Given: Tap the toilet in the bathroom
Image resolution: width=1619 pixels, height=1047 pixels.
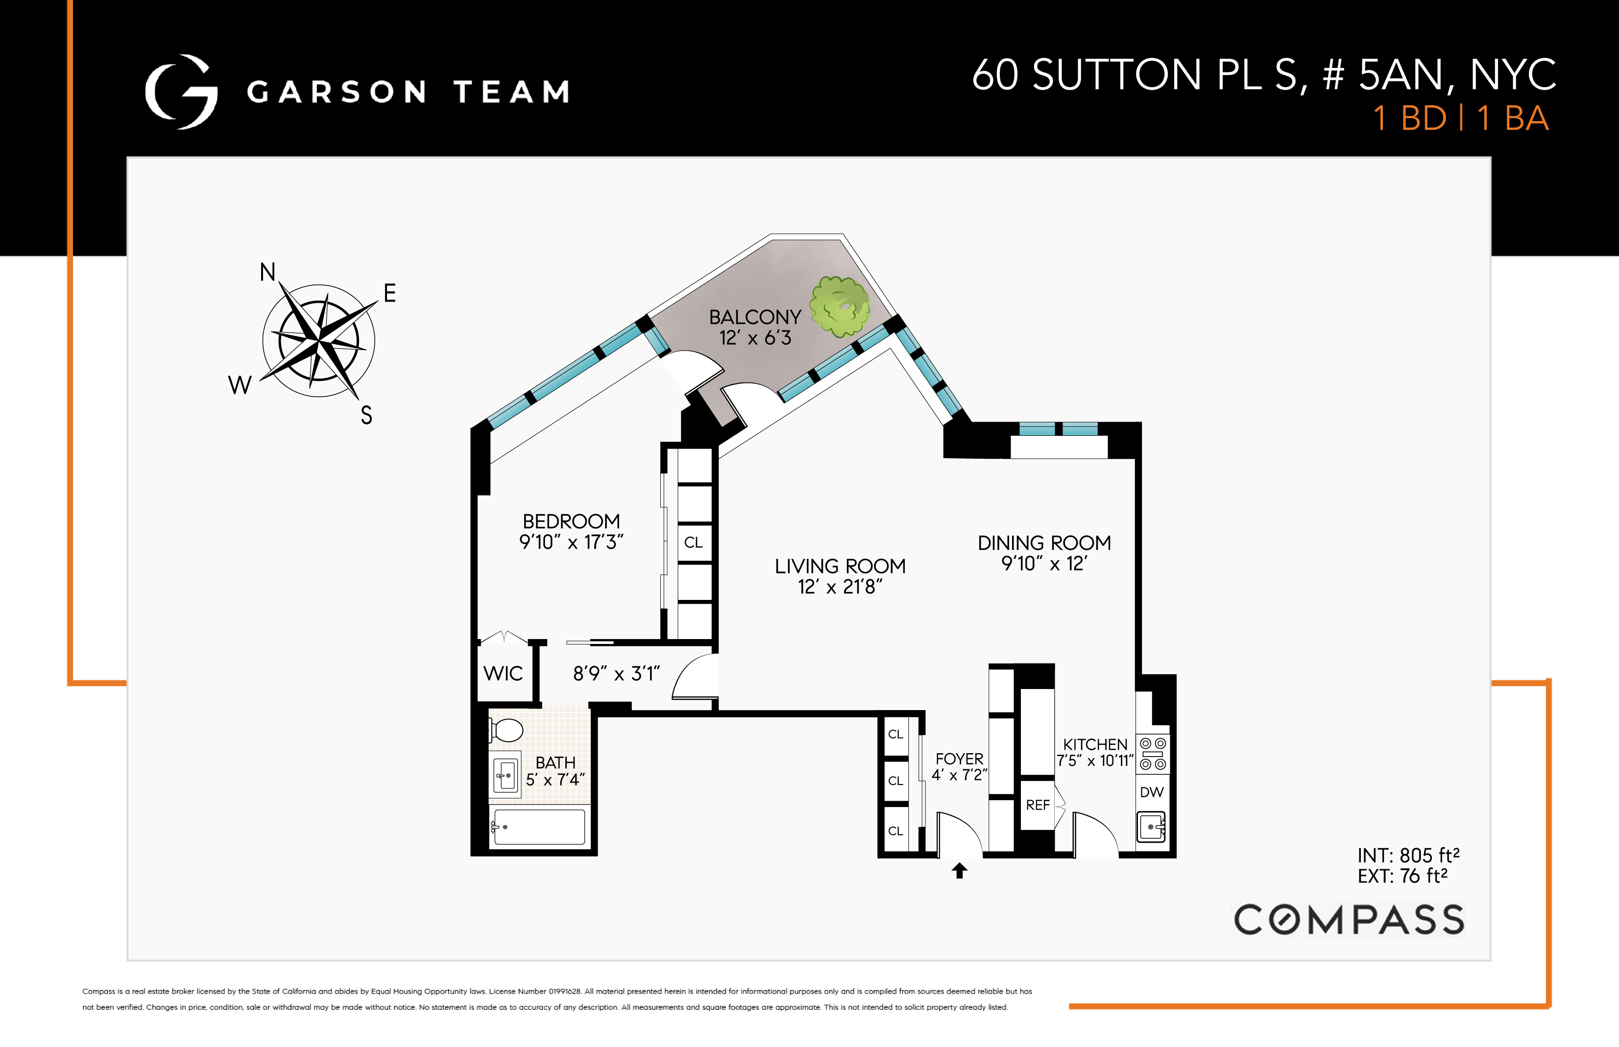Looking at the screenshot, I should (506, 731).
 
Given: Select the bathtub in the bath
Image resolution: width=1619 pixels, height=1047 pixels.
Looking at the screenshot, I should (538, 827).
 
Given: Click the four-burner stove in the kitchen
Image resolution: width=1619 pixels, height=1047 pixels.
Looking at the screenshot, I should (1153, 753).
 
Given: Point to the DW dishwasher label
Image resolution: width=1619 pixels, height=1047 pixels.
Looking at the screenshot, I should (1152, 792).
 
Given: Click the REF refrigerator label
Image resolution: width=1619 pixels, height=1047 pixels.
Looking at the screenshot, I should (1038, 805).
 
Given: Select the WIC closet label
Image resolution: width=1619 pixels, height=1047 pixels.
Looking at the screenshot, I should (503, 674).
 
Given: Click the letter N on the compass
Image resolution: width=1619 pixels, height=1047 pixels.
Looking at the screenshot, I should (268, 272).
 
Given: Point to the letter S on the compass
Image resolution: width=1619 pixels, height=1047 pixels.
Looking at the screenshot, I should (366, 415).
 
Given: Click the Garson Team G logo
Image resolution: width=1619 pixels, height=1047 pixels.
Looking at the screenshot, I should (182, 92).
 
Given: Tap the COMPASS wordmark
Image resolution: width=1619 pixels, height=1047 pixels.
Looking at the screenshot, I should (1349, 920).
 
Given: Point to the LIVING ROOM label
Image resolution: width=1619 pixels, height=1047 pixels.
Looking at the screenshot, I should (841, 566).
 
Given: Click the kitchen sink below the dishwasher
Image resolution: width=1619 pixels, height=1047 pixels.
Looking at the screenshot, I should (1152, 827).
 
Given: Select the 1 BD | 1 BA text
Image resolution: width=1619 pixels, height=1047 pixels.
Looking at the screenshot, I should (1461, 119).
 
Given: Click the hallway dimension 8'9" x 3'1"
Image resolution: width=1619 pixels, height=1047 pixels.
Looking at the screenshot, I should (616, 674).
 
